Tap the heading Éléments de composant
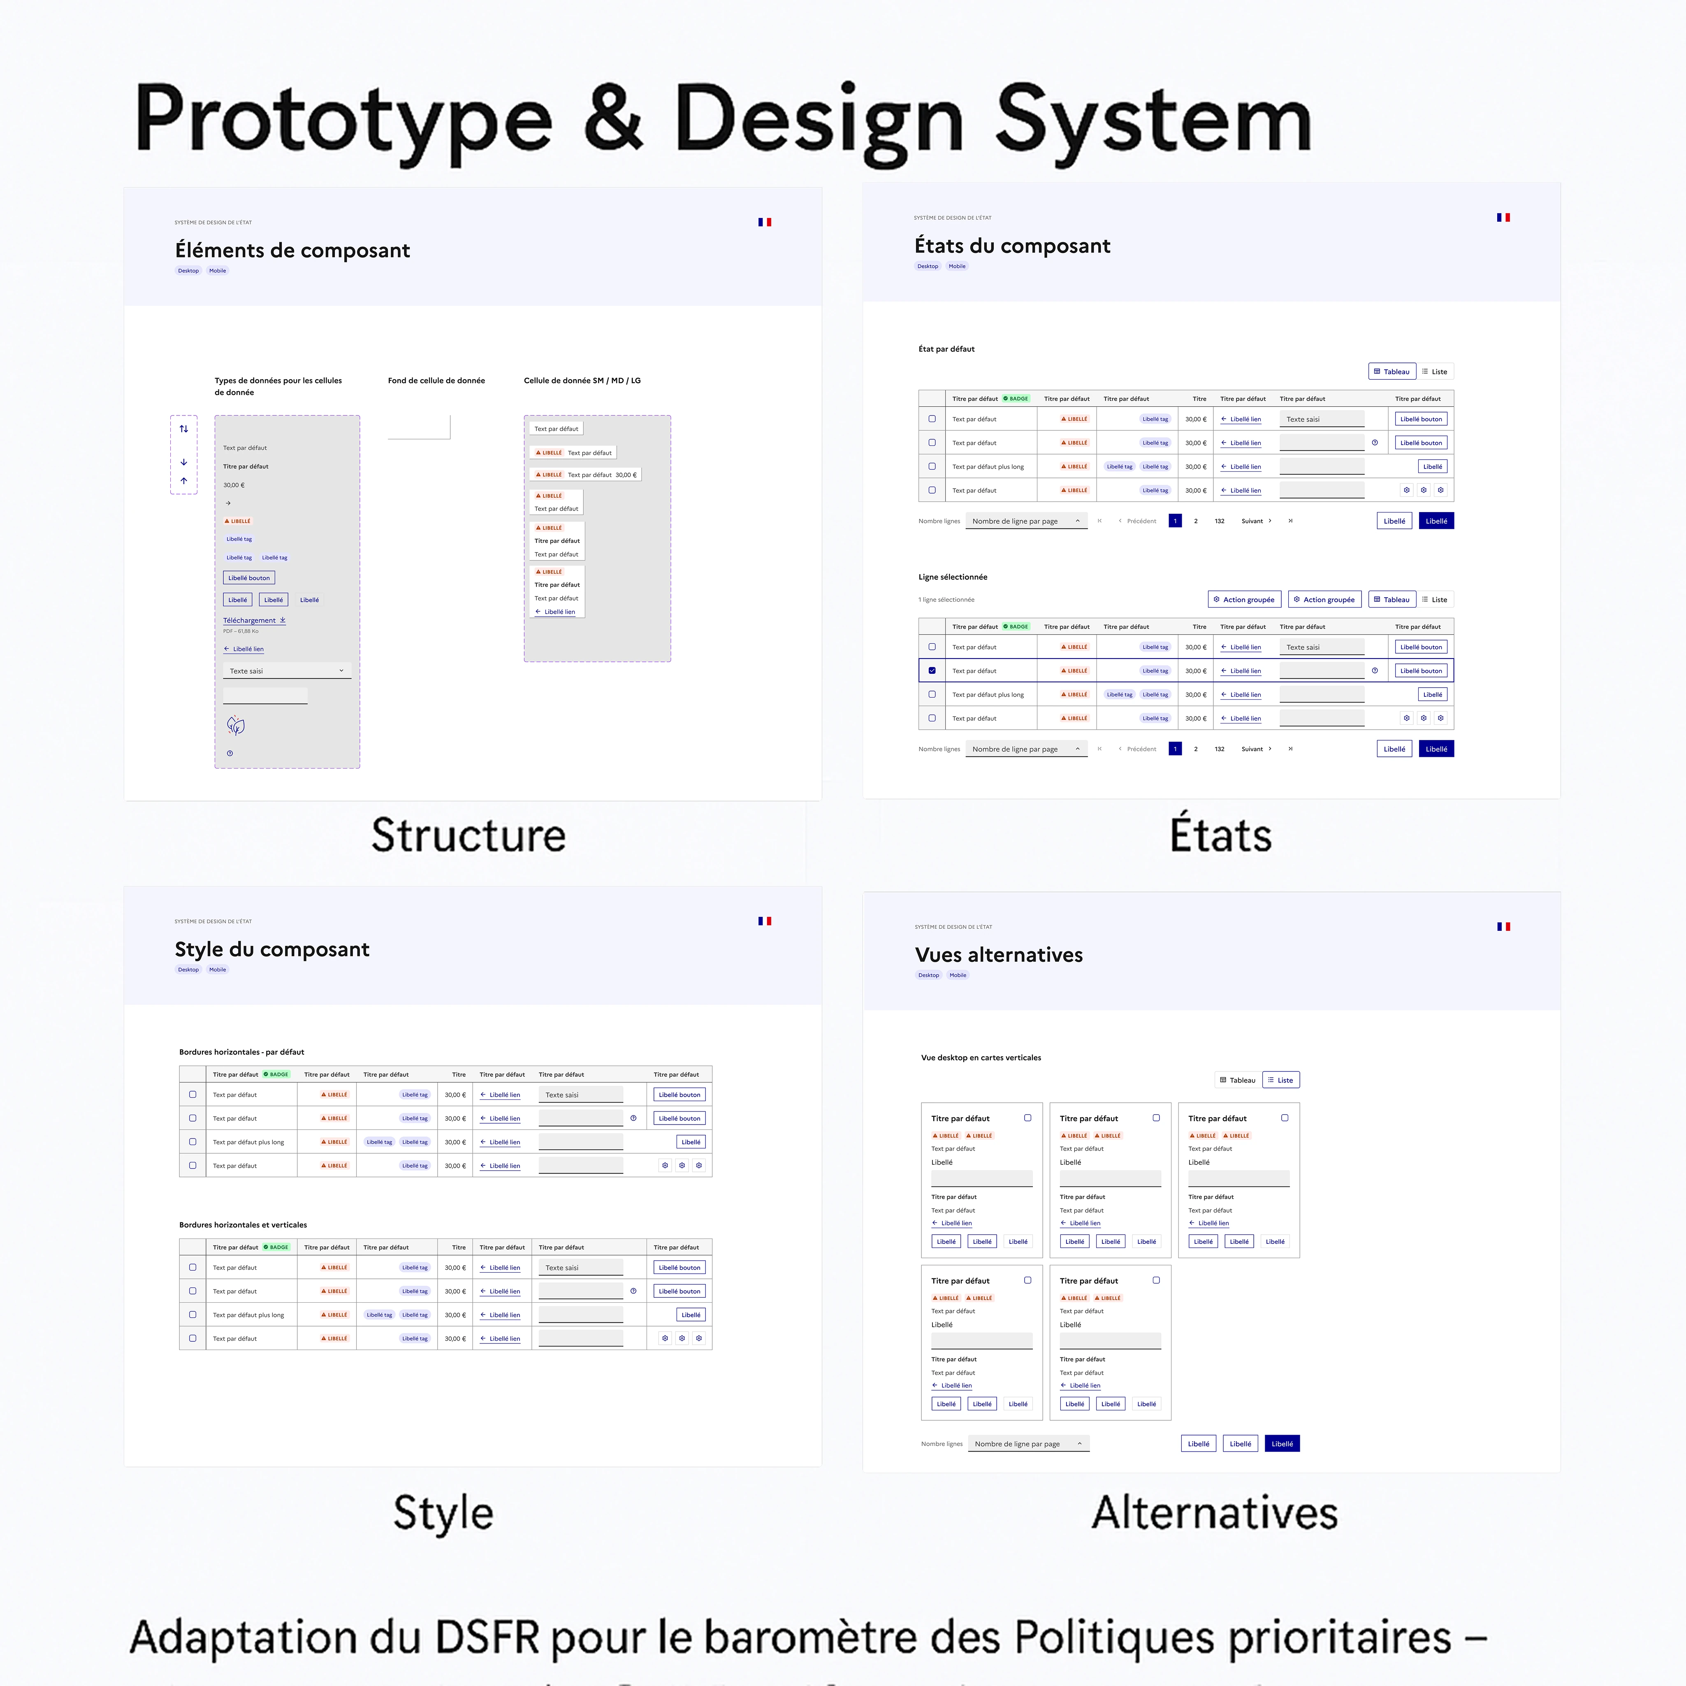click(292, 250)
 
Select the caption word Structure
click(468, 835)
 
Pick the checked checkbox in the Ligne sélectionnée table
click(932, 670)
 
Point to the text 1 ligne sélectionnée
click(946, 600)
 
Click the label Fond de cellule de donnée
click(436, 380)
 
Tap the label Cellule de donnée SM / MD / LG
click(582, 380)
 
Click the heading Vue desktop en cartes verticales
click(981, 1058)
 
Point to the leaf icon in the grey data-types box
click(236, 725)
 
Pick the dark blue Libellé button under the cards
click(1282, 1443)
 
